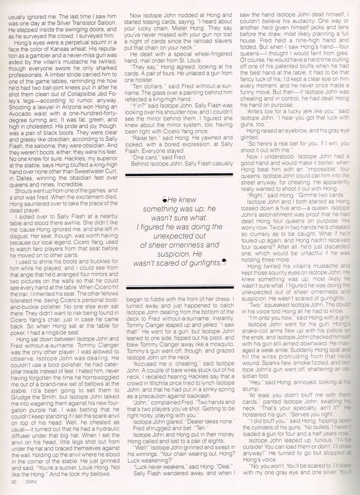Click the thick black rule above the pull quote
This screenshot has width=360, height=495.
(x=179, y=174)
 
